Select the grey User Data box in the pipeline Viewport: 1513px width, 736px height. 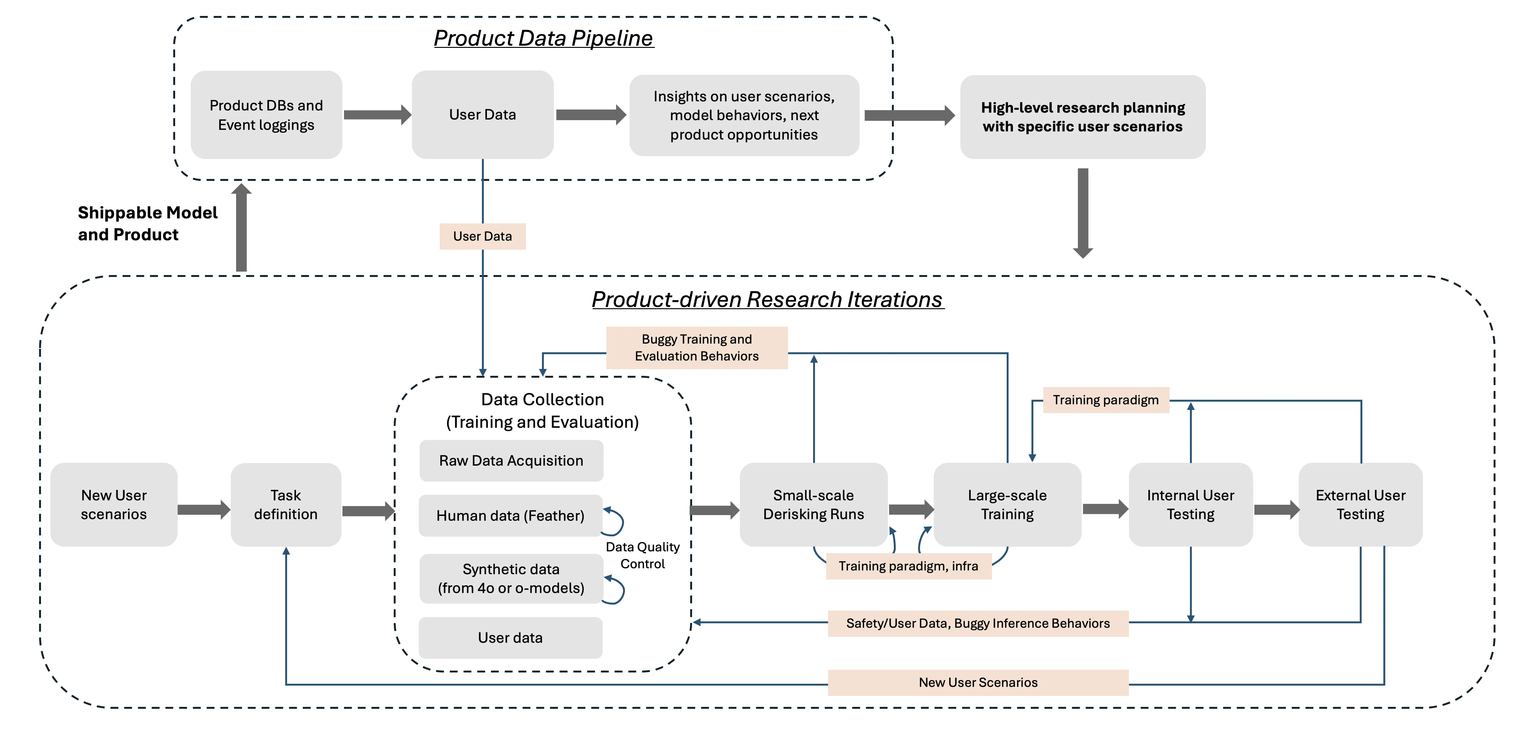click(x=482, y=115)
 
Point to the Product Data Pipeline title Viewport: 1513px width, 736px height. click(x=543, y=38)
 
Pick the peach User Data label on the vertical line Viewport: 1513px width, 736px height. click(x=482, y=236)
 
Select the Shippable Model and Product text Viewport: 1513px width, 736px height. click(x=147, y=223)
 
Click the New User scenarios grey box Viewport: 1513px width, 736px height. click(x=114, y=504)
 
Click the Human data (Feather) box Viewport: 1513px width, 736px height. click(x=510, y=516)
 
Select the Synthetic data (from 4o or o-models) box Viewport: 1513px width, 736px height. click(x=511, y=579)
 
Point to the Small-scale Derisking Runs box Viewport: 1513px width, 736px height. click(x=813, y=504)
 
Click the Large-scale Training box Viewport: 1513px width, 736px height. click(x=1007, y=504)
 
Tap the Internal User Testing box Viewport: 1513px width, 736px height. click(x=1191, y=504)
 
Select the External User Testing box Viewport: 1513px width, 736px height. click(x=1360, y=504)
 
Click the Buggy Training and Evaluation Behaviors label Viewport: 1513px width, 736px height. click(x=696, y=347)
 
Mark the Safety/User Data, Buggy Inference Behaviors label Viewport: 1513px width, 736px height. click(x=978, y=623)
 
